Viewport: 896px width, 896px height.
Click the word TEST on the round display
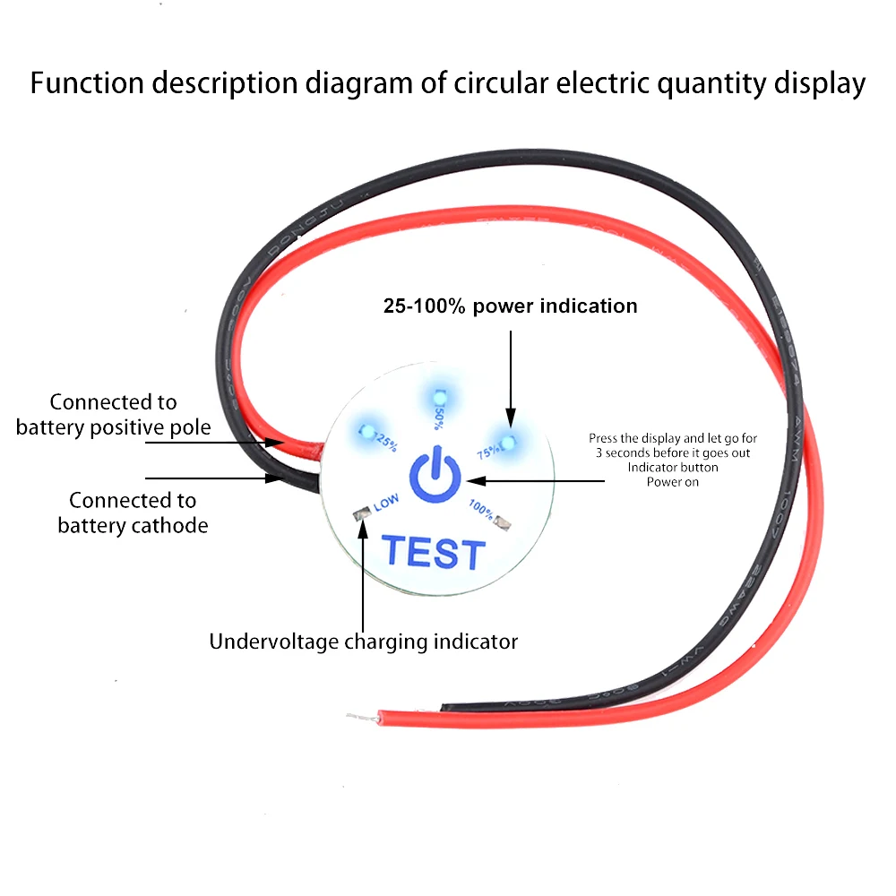point(434,553)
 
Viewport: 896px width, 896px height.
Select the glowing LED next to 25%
point(366,431)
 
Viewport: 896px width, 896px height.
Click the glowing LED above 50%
point(439,397)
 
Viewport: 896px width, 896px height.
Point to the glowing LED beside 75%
point(508,442)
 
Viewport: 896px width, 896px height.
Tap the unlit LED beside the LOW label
point(362,515)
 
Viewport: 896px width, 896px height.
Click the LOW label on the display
point(386,504)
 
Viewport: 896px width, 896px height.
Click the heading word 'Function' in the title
point(88,83)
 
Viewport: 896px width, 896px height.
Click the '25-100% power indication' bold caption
point(510,306)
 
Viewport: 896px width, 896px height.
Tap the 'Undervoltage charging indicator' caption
point(363,642)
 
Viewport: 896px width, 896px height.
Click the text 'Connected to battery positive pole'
point(113,415)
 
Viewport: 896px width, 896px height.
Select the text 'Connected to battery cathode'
point(133,513)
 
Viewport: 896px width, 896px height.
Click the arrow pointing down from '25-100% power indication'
point(510,376)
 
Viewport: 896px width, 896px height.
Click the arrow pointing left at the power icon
point(538,481)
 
